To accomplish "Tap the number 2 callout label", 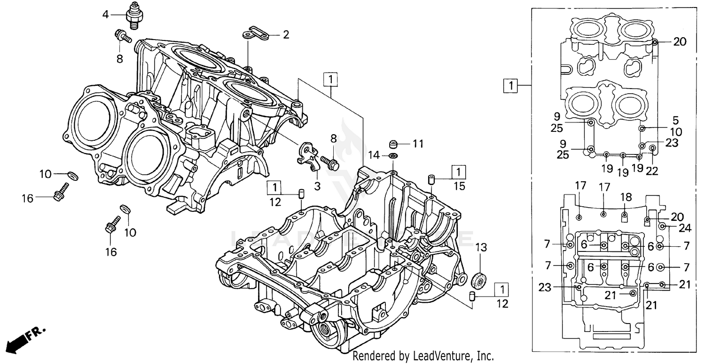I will click(286, 34).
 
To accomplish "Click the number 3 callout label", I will click(317, 186).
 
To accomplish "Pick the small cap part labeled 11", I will click(393, 143).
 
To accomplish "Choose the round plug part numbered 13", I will click(478, 280).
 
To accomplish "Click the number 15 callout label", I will click(459, 186).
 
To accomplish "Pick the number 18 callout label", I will click(626, 196).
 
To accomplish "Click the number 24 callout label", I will click(685, 228).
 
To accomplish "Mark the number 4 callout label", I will click(105, 15).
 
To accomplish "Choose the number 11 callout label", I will click(418, 142).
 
